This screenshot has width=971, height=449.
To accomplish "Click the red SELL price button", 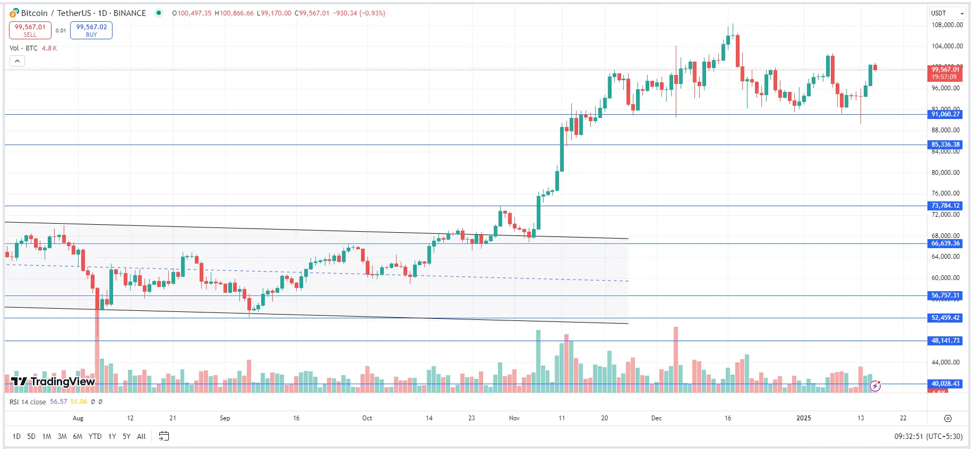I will coord(30,30).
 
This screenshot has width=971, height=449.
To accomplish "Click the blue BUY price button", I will coord(91,30).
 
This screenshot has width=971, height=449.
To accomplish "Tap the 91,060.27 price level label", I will coord(946,114).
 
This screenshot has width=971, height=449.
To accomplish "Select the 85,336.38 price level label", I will coord(946,145).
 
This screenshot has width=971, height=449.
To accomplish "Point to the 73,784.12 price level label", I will coord(946,206).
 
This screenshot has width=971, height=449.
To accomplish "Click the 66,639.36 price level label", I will coord(946,243).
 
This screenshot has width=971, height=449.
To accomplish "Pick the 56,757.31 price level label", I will coord(946,295).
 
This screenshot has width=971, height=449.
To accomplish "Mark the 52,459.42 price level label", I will coord(946,318).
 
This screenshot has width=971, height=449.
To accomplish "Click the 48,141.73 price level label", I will coord(946,341).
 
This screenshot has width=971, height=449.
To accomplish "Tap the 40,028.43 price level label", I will coord(946,384).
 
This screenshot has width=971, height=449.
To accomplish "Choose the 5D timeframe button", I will coord(31,436).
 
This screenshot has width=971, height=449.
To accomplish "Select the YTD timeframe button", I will coord(95,436).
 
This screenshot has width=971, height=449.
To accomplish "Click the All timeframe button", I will coord(141,436).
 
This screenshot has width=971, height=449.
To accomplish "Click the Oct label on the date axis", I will coord(367,418).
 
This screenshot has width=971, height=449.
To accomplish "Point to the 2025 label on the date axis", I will coord(804,418).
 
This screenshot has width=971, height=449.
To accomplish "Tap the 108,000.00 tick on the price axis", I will coord(947,25).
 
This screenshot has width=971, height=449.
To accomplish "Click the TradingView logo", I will coord(53,382).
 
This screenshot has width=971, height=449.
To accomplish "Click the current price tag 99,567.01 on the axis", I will coord(946,70).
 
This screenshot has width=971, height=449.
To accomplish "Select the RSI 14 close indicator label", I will coord(28,402).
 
